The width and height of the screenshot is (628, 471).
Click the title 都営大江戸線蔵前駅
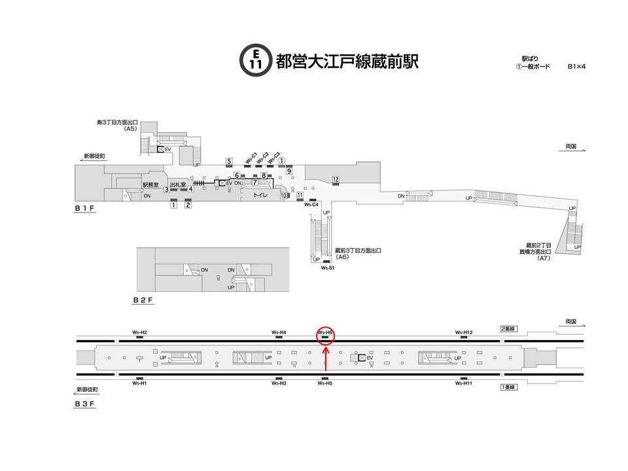(347, 61)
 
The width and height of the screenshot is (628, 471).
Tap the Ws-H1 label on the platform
(139, 383)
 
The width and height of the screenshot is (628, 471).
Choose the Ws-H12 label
(464, 333)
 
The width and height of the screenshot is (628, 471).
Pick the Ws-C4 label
(312, 205)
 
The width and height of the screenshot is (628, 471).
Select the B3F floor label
(85, 404)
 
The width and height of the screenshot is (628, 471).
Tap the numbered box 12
(335, 179)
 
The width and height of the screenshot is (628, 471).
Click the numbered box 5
(229, 161)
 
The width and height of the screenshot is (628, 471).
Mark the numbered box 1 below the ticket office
(174, 205)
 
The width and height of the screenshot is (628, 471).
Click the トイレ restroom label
(262, 195)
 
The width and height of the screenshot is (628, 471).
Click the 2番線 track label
(508, 328)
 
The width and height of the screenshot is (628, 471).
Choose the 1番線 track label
(508, 387)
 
